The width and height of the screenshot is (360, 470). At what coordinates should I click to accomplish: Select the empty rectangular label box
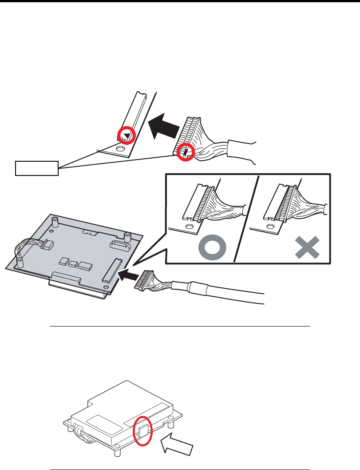pyautogui.click(x=37, y=167)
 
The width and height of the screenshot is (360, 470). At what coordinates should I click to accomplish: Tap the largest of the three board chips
pyautogui.click(x=84, y=266)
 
